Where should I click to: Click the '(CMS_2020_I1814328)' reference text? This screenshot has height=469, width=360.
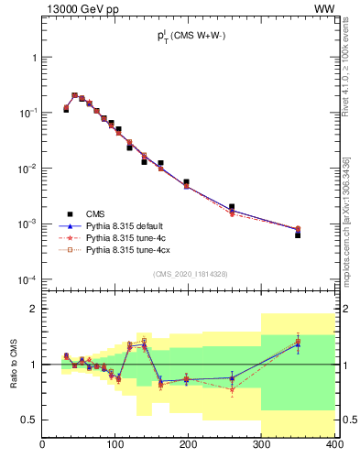(x=189, y=275)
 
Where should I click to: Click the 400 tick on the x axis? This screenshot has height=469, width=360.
(x=334, y=446)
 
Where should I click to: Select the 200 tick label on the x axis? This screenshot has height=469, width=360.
(x=189, y=446)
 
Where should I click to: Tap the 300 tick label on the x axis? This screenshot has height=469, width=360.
(x=262, y=446)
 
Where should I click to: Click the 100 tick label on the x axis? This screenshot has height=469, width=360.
(x=115, y=446)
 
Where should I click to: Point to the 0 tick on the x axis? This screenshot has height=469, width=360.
(x=43, y=446)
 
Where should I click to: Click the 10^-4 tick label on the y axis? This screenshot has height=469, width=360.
(x=27, y=279)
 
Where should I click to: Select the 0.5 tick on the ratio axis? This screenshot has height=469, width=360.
(x=29, y=420)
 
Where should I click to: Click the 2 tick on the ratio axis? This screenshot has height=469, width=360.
(x=34, y=310)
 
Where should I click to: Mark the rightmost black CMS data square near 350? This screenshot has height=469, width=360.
(x=298, y=234)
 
